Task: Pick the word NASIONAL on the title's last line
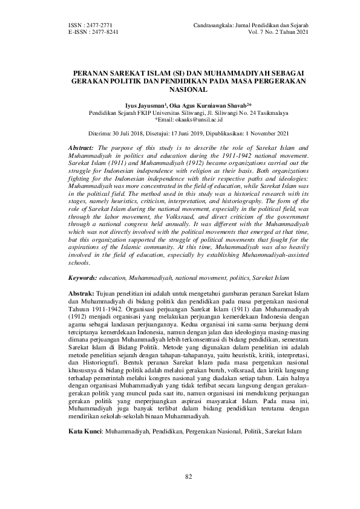[x=180, y=88]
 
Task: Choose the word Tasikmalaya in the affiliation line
[x=256, y=112]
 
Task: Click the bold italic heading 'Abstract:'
[x=82, y=148]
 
